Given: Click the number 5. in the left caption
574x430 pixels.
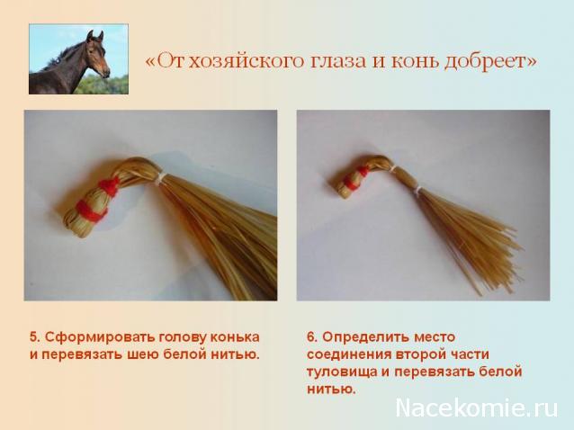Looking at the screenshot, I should [34, 336].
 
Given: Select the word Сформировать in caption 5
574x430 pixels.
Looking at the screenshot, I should [90, 336].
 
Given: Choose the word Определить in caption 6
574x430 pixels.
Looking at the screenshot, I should [368, 336].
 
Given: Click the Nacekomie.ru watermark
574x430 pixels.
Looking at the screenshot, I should [477, 408].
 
